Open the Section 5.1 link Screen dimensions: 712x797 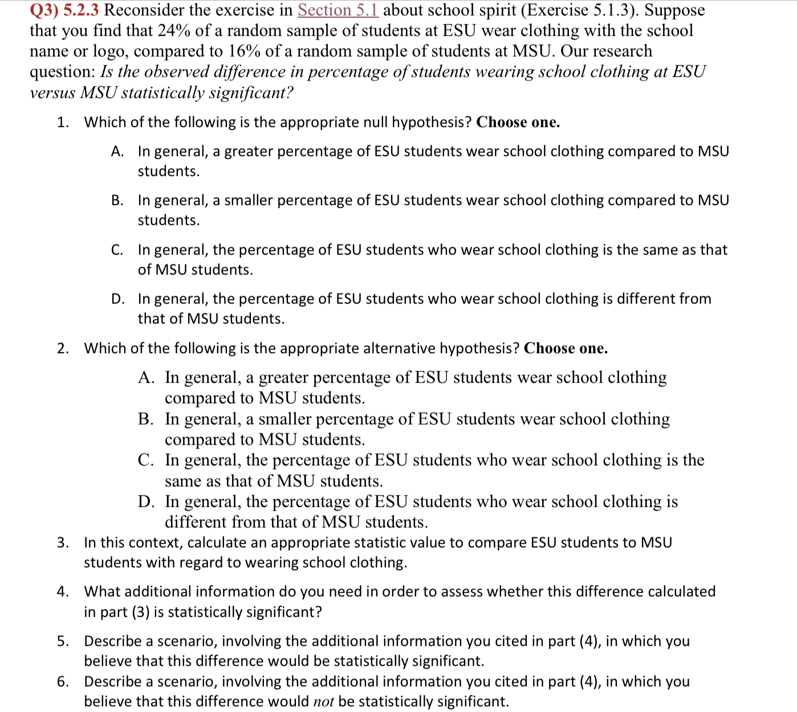pyautogui.click(x=337, y=10)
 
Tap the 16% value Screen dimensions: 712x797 pyautogui.click(x=245, y=51)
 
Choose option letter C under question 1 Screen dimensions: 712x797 pyautogui.click(x=117, y=250)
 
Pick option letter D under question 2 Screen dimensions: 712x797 pyautogui.click(x=146, y=502)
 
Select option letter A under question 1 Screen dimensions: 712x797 pyautogui.click(x=117, y=152)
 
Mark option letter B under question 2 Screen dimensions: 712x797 pyautogui.click(x=145, y=419)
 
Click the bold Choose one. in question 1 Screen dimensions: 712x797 pyautogui.click(x=518, y=122)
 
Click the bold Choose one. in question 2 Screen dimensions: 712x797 pyautogui.click(x=566, y=349)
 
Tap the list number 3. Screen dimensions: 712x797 pyautogui.click(x=62, y=543)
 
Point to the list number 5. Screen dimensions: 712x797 pyautogui.click(x=62, y=641)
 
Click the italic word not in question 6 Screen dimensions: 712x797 pyautogui.click(x=323, y=702)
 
